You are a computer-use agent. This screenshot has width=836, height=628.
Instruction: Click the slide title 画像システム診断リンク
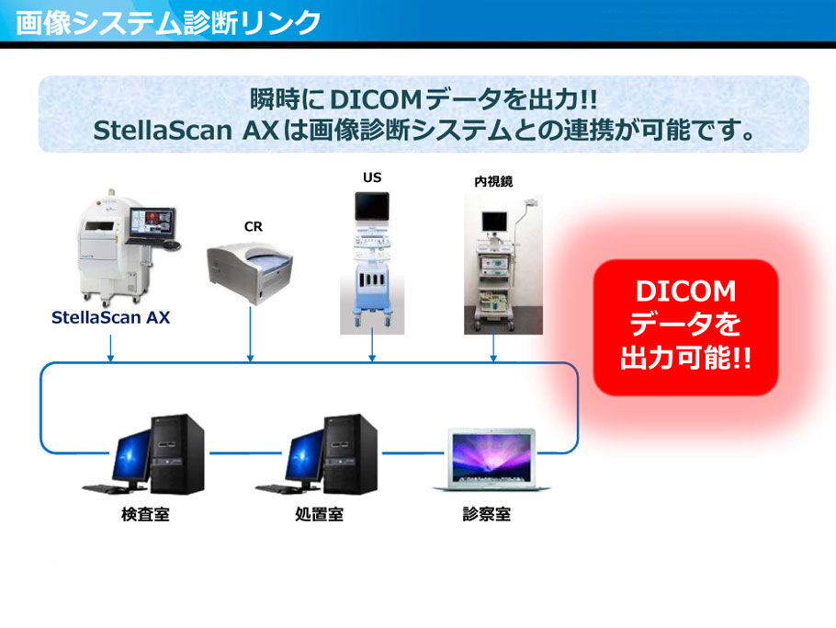(x=168, y=23)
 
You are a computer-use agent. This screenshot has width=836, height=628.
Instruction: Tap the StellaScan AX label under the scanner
(x=110, y=317)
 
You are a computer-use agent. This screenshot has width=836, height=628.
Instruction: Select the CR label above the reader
(x=254, y=227)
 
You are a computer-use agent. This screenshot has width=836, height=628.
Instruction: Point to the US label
(x=372, y=177)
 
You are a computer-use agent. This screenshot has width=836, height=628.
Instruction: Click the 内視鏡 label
(x=493, y=181)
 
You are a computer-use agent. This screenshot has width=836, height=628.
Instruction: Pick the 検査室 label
(x=145, y=514)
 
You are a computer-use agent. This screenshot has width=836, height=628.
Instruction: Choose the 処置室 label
(x=319, y=514)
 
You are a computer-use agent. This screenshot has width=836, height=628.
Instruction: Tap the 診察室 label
(x=487, y=514)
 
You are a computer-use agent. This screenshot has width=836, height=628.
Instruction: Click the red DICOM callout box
(x=685, y=327)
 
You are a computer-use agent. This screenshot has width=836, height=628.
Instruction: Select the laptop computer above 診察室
(x=491, y=460)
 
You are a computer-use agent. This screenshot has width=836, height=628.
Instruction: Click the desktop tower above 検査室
(x=177, y=454)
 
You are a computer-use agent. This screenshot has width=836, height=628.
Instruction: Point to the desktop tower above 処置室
(x=350, y=454)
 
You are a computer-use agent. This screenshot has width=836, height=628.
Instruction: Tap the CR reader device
(x=250, y=273)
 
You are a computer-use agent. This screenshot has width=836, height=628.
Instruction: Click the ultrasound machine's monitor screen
(x=372, y=206)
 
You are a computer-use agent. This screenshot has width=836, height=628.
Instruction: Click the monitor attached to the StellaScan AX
(x=153, y=224)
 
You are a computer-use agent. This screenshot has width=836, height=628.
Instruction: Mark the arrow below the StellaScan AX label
(x=110, y=348)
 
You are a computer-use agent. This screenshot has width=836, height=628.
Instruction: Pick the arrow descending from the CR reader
(x=251, y=334)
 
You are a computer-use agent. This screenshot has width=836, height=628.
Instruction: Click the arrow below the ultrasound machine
(x=372, y=348)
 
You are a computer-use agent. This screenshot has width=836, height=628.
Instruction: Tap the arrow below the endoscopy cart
(x=493, y=345)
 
